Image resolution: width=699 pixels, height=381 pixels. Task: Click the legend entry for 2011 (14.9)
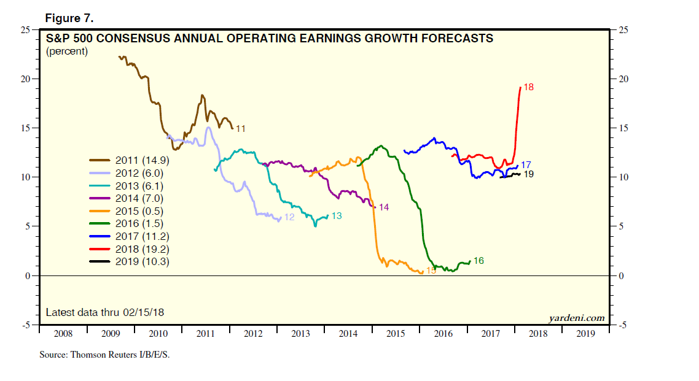[x=141, y=160]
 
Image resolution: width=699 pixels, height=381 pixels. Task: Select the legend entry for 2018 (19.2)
[x=141, y=249]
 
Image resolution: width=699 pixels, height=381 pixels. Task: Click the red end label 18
[x=528, y=88]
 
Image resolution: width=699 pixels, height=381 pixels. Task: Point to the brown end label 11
[x=241, y=129]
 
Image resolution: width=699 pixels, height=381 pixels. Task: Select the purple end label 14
[x=384, y=207]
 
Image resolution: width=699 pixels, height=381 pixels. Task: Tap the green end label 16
[x=478, y=261]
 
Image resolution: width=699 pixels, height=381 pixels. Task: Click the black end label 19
[x=528, y=174]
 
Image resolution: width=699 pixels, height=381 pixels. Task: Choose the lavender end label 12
[x=289, y=217]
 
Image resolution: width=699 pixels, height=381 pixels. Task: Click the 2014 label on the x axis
[x=348, y=334]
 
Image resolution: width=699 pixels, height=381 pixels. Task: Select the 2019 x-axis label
[x=585, y=334]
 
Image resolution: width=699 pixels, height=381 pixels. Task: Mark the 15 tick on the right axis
[x=621, y=128]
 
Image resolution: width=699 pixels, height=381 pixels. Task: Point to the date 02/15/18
[x=143, y=313]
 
